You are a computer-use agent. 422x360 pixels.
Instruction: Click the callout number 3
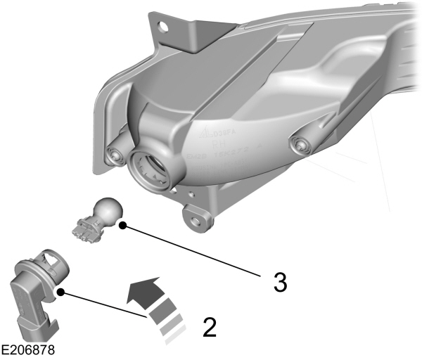pos(279,283)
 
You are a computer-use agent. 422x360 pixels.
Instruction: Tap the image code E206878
pos(28,349)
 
